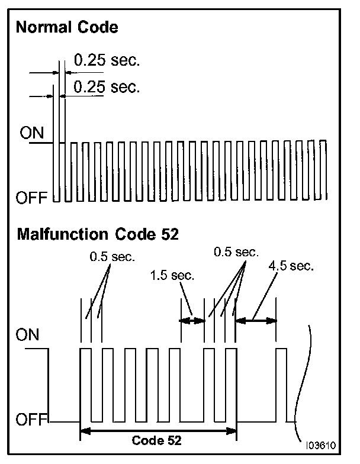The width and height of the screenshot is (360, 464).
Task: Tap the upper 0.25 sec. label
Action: point(107,60)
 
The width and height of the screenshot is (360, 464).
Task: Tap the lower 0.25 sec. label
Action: point(107,88)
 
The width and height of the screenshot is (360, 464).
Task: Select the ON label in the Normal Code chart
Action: point(32,133)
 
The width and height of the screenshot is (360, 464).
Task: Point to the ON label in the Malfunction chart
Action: point(28,336)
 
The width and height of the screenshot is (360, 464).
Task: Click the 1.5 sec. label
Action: point(173,276)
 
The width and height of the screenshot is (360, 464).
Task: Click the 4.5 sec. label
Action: point(290,266)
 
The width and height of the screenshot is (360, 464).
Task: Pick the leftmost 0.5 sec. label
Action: point(112,257)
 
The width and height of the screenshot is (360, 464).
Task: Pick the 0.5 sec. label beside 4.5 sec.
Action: point(237,252)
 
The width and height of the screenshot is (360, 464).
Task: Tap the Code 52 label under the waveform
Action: point(157,440)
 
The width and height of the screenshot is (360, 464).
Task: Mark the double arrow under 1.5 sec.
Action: point(192,321)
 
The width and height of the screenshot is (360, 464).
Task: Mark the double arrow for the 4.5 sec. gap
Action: point(256,321)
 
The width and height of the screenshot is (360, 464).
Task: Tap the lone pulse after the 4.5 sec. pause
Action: point(281,385)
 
